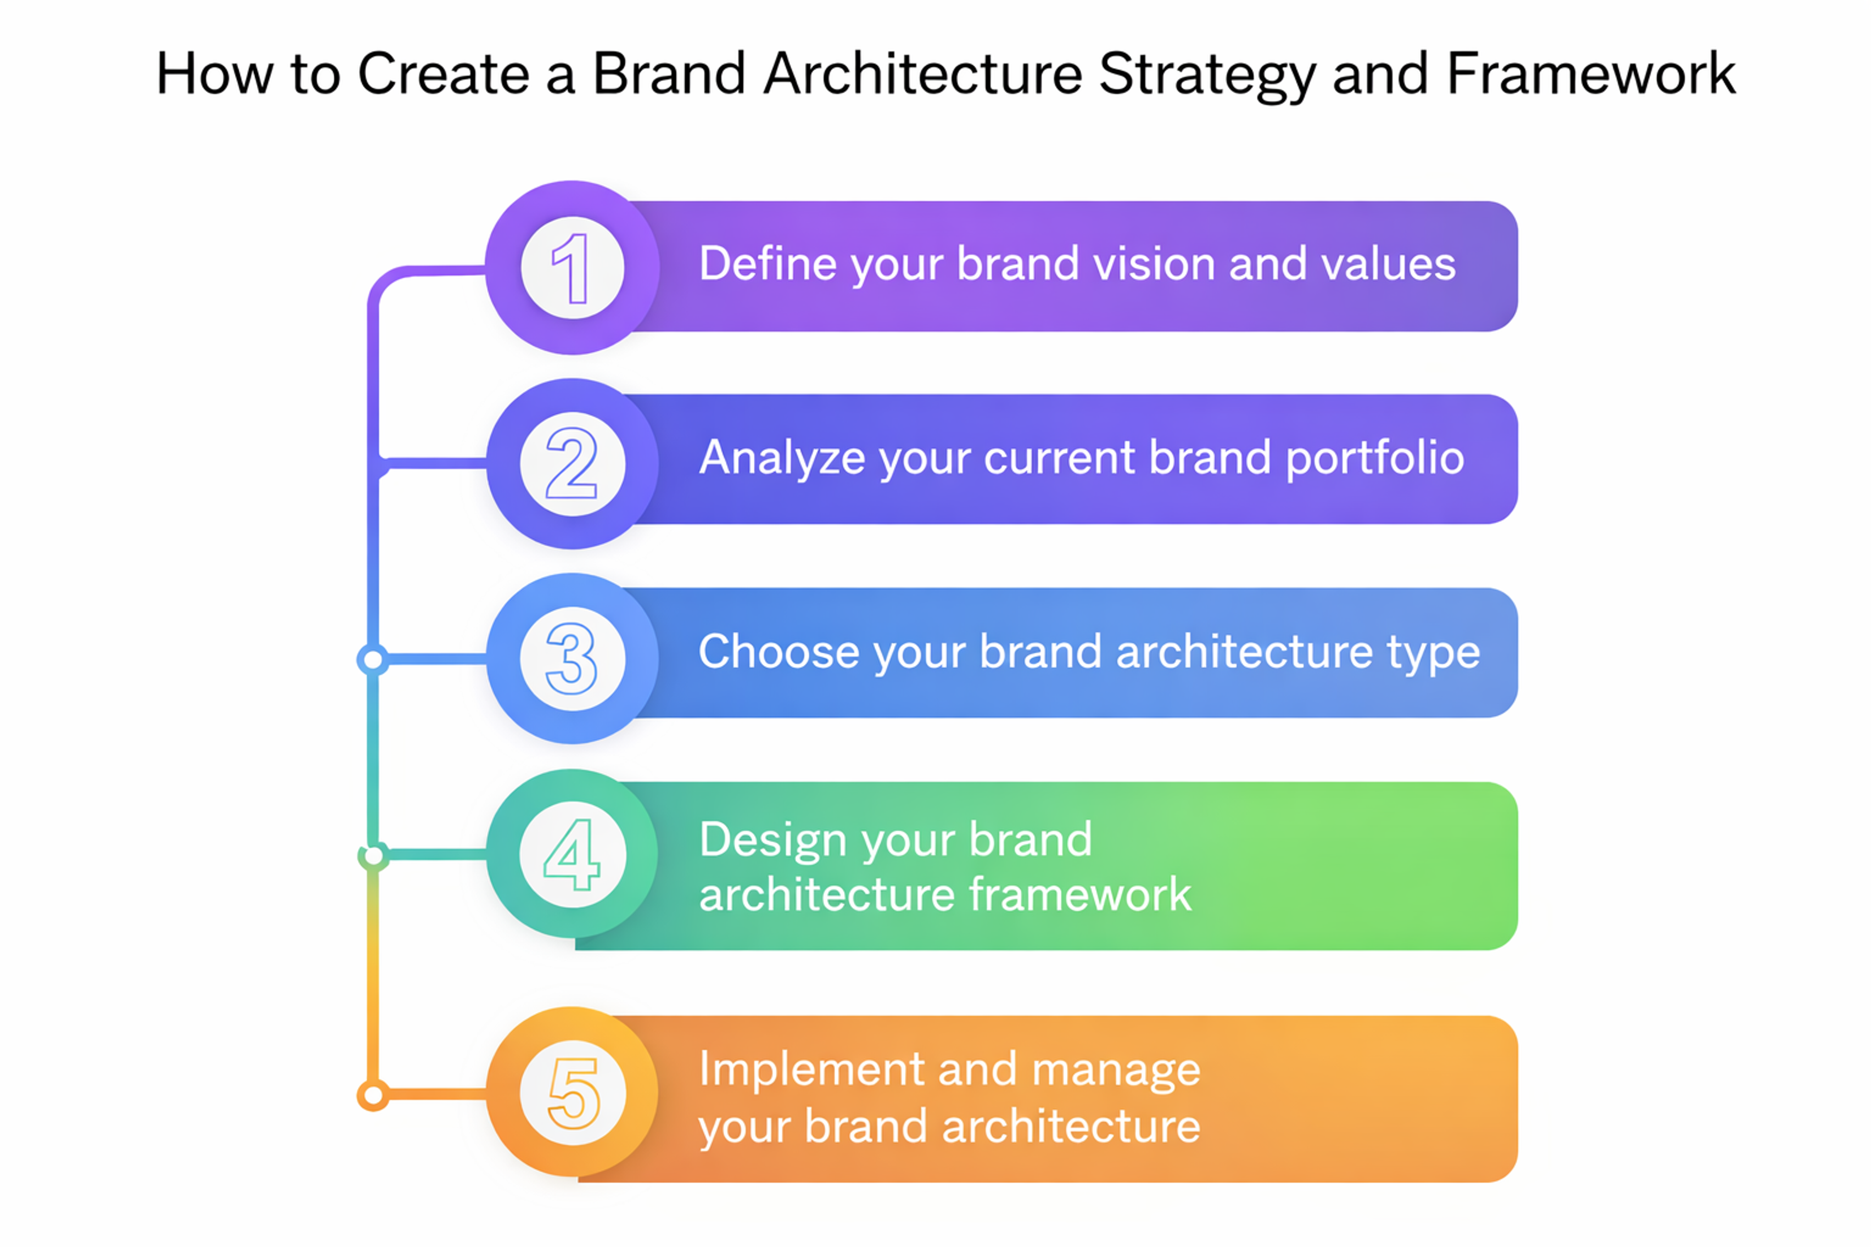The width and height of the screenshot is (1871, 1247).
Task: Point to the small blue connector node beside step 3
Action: (x=372, y=659)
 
